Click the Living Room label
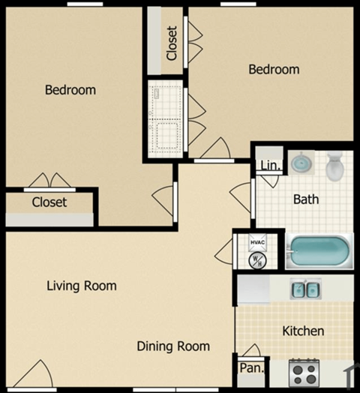[82, 286]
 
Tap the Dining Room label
[173, 346]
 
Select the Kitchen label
[303, 331]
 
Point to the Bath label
[306, 199]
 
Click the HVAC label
[257, 242]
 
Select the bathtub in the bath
[319, 251]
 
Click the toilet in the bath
[334, 166]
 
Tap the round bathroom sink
[301, 163]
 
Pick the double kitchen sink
[304, 289]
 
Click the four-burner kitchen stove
[304, 370]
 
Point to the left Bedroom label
[70, 90]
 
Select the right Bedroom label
[274, 70]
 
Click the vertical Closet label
[172, 43]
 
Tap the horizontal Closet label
[49, 202]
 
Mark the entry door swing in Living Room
[35, 373]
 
